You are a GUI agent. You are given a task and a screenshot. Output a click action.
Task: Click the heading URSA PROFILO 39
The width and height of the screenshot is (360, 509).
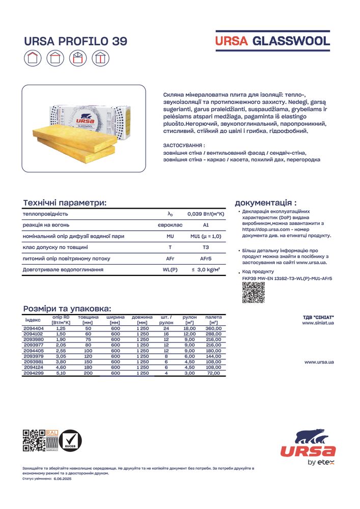point(75,41)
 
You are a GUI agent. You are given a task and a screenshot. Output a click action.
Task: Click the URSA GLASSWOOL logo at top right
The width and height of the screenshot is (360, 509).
point(272,41)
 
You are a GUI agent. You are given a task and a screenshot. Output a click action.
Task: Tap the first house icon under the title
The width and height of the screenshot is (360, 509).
point(32,59)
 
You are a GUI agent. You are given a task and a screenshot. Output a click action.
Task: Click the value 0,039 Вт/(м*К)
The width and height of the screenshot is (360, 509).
point(206,214)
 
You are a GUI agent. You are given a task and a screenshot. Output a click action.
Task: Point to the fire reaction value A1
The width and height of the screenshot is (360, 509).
point(206,225)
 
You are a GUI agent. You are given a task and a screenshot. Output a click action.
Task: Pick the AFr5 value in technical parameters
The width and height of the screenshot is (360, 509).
point(206,259)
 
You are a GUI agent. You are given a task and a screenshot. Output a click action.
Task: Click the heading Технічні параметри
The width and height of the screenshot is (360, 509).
point(65,203)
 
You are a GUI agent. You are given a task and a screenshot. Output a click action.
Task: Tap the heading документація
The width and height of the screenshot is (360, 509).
point(265,202)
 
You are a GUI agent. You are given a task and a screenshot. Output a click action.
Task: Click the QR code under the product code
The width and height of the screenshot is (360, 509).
point(251,292)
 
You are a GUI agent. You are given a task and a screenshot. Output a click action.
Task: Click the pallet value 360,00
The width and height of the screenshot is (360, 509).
point(213,329)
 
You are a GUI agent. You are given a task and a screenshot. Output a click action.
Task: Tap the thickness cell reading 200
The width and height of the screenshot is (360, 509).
point(88,373)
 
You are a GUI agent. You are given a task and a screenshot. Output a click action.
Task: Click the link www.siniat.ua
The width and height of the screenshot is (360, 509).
point(318,323)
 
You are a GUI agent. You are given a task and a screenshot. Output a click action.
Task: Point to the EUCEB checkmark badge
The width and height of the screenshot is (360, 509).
point(70,441)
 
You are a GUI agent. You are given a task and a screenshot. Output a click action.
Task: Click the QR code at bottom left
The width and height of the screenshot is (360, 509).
point(34,441)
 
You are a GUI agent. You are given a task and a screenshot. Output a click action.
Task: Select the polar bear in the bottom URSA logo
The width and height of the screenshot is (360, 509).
point(311,437)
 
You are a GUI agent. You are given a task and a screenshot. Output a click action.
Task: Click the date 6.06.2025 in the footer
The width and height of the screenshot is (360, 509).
point(63,479)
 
